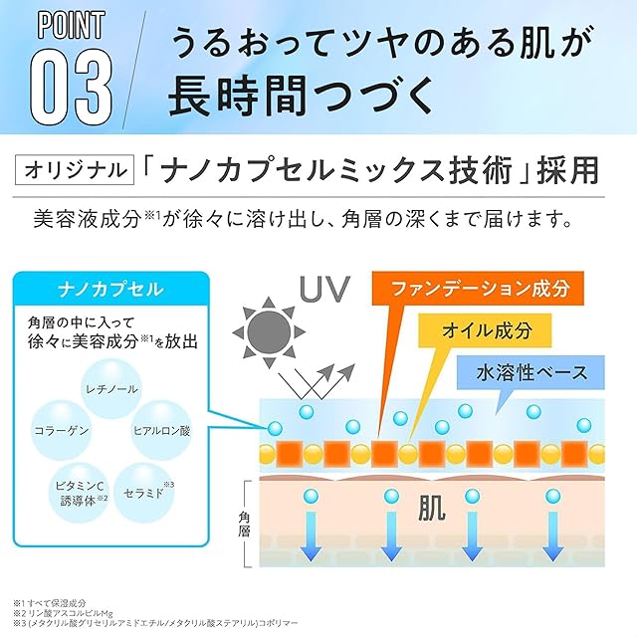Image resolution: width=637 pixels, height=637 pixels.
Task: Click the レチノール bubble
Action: [112, 388]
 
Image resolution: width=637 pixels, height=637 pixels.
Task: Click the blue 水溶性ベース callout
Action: [531, 375]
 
